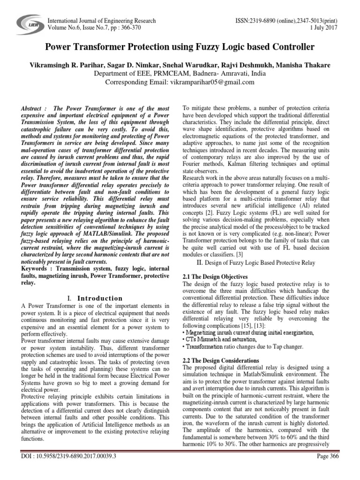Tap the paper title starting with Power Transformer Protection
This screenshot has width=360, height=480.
point(180,47)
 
